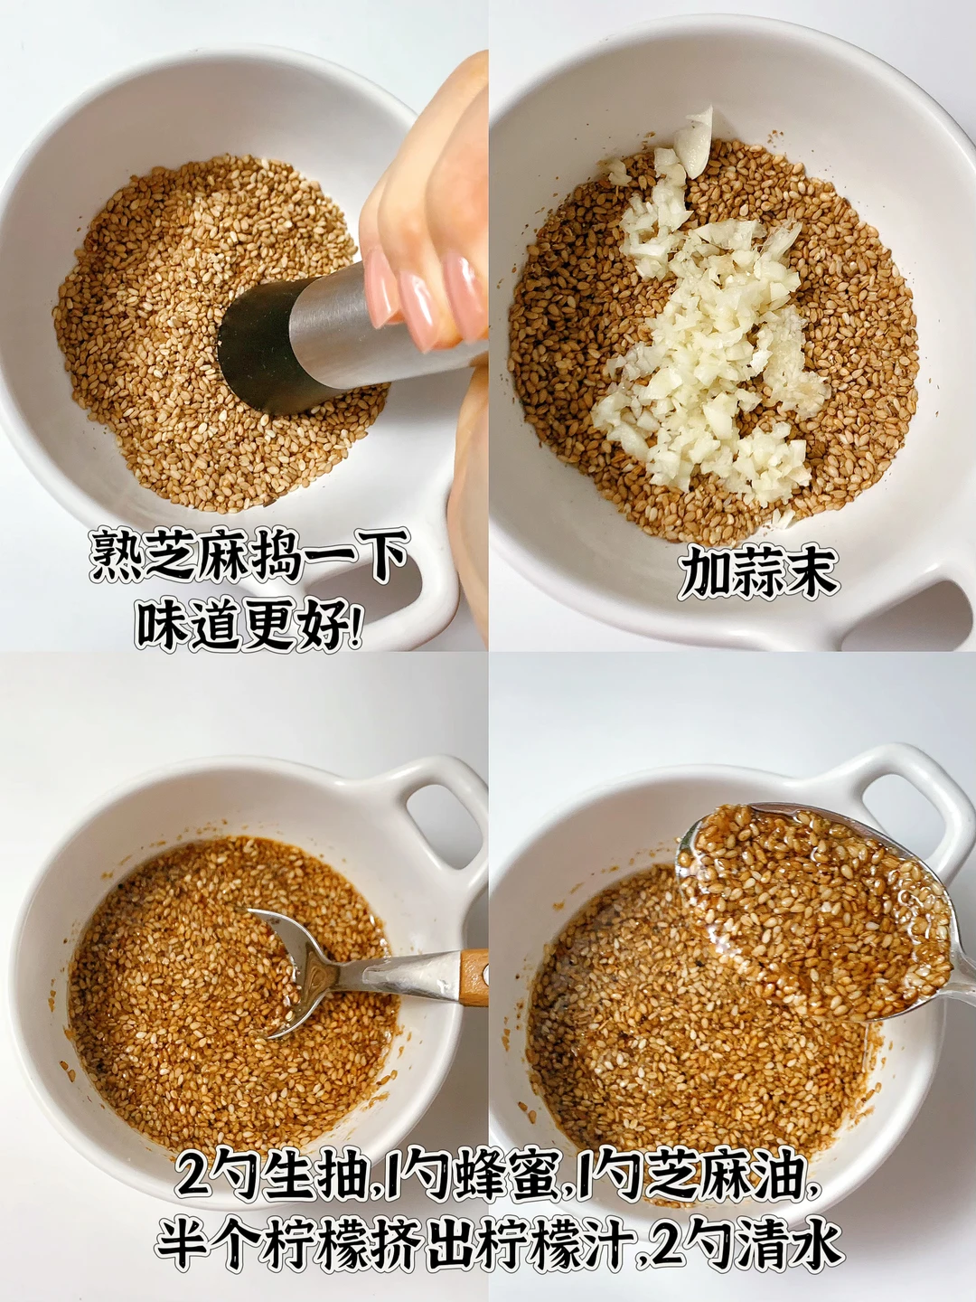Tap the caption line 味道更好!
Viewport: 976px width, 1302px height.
(249, 623)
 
